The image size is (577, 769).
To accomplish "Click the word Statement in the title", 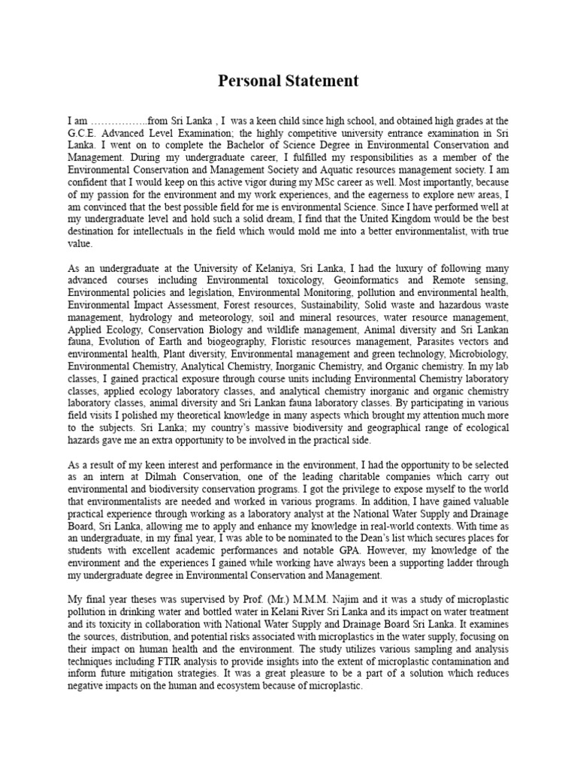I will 319,81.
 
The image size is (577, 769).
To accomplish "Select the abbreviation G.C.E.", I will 83,133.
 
